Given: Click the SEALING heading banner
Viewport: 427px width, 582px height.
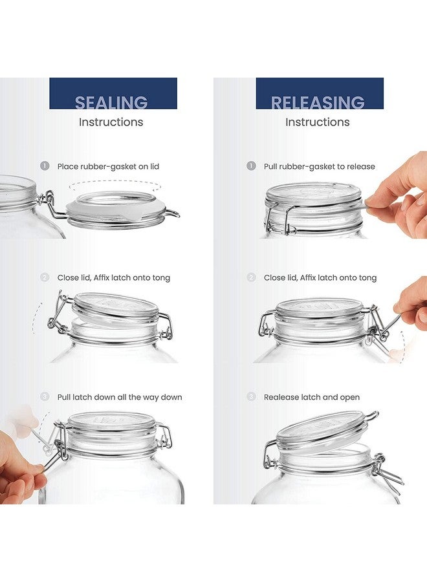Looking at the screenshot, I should click(113, 94).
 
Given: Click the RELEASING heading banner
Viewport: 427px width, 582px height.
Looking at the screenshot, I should click(319, 94).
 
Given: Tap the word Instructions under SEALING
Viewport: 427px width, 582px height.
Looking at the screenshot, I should click(111, 122).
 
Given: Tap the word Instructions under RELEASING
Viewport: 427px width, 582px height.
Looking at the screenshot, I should click(317, 122).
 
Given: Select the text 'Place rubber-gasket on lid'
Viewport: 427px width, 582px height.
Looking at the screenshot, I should click(108, 166).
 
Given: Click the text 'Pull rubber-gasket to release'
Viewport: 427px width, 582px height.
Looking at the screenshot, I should click(319, 166).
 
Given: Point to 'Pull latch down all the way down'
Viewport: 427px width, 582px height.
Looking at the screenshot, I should click(120, 397).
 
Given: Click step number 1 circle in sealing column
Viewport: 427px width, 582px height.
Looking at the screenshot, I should click(45, 166).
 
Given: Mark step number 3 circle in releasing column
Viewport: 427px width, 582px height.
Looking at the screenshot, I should click(251, 397).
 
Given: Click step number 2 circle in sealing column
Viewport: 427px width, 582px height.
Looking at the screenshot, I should click(45, 277).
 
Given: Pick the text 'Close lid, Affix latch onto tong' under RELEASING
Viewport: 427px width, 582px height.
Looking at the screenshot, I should click(320, 277).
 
